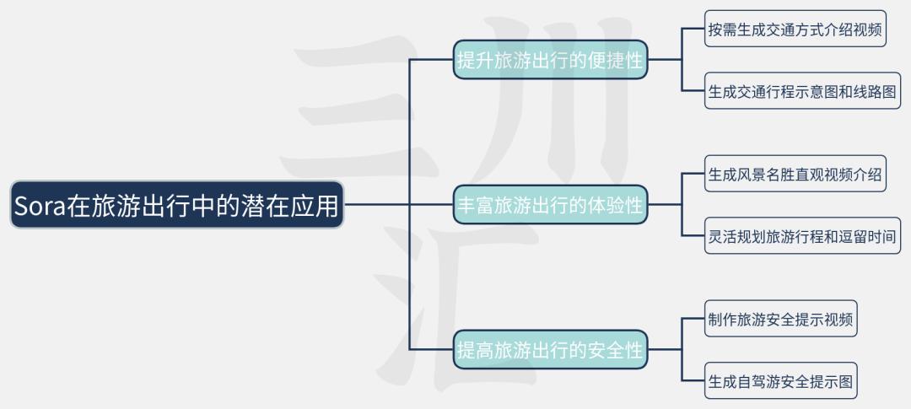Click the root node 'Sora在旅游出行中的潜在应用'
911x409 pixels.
pyautogui.click(x=177, y=204)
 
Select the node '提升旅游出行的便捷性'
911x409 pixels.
pyautogui.click(x=550, y=59)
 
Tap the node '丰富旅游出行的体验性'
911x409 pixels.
pyautogui.click(x=550, y=204)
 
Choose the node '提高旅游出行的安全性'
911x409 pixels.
pyautogui.click(x=550, y=349)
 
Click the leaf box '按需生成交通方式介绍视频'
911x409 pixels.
pyautogui.click(x=795, y=29)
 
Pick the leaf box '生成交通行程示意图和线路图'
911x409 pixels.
pyautogui.click(x=802, y=90)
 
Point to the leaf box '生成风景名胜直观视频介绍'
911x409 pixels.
pyautogui.click(x=795, y=173)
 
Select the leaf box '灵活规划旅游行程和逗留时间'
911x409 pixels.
pyautogui.click(x=802, y=236)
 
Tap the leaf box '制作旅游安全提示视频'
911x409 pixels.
pyautogui.click(x=781, y=319)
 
